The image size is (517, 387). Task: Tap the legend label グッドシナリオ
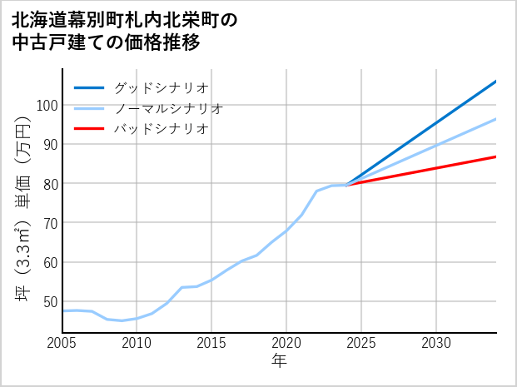coord(161,87)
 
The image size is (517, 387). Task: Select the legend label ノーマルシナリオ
coord(168,108)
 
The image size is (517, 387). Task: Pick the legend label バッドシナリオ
coord(161,129)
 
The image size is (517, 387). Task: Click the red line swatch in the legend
coord(90,129)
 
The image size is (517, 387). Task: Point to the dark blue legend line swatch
coord(90,87)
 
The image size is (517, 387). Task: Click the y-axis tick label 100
coord(45,105)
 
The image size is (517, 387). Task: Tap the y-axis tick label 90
coord(48,144)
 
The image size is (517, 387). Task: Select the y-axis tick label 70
coord(48,223)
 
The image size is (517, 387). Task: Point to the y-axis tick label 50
coord(48,301)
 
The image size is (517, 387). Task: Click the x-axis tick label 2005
coord(62,343)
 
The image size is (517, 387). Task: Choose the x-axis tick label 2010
coord(137,343)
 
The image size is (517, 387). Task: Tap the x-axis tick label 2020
coord(286,343)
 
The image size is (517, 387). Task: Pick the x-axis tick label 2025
coord(361,343)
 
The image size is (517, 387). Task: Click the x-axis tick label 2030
coord(436,343)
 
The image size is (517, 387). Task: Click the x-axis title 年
coord(279,361)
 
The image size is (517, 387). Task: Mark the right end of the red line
coord(495,156)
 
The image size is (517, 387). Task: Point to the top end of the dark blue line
coord(495,82)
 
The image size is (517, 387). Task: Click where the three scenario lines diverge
coord(346,184)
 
